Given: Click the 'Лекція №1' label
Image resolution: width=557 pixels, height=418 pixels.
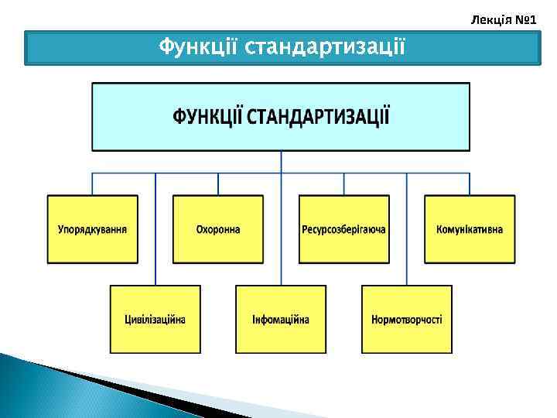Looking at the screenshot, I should click(504, 16).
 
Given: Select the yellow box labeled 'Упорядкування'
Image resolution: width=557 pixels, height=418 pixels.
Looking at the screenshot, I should click(93, 229).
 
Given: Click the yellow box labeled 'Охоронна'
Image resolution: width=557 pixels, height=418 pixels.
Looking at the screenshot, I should click(218, 229).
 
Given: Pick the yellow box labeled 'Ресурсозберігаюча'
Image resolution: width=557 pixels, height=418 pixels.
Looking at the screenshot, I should click(344, 229).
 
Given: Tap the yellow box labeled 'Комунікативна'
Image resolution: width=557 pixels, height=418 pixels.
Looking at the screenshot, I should click(470, 229).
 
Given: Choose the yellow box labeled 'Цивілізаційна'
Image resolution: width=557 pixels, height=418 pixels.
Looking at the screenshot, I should click(155, 319).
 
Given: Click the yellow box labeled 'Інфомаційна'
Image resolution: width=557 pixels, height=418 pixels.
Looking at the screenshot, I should click(281, 319).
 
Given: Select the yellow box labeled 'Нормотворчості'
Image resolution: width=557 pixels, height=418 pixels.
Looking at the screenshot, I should click(407, 319).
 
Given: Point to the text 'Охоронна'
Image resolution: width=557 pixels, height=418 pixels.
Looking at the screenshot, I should click(218, 230).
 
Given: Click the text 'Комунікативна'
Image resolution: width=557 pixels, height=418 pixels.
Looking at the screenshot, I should click(470, 230).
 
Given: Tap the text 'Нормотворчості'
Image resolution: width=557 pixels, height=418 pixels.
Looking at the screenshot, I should click(407, 320).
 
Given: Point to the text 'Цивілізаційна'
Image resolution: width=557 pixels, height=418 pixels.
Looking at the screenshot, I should click(155, 320).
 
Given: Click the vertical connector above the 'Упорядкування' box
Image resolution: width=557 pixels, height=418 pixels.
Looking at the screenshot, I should click(93, 183).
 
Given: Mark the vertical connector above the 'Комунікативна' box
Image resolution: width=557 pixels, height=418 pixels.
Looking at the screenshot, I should click(470, 183).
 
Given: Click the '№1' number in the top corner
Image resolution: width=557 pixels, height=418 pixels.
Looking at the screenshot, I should click(525, 16).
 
